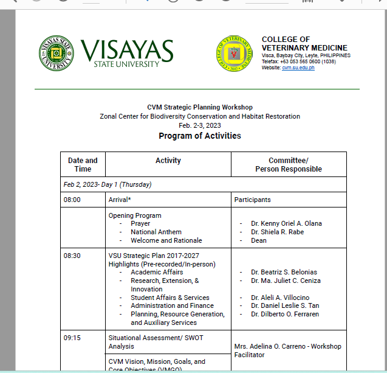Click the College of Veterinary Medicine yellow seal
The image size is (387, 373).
pyautogui.click(x=235, y=54)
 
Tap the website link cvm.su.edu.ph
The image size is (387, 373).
pyautogui.click(x=298, y=68)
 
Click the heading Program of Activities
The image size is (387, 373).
pyautogui.click(x=199, y=136)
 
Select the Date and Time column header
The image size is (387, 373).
pyautogui.click(x=83, y=164)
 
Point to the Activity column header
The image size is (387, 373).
pyautogui.click(x=168, y=161)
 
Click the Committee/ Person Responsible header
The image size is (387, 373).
pyautogui.click(x=288, y=164)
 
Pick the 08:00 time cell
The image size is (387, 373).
pyautogui.click(x=72, y=200)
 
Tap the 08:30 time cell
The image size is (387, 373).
pyautogui.click(x=72, y=256)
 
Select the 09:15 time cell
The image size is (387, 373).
pyautogui.click(x=72, y=338)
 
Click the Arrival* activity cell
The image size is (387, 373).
pyautogui.click(x=120, y=200)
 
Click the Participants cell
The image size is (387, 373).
pyautogui.click(x=253, y=200)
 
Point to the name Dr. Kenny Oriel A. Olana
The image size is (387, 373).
pyautogui.click(x=286, y=223)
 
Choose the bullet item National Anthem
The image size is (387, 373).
pyautogui.click(x=156, y=232)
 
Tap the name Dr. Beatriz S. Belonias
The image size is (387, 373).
pyautogui.click(x=284, y=272)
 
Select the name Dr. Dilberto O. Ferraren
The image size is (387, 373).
pyautogui.click(x=285, y=314)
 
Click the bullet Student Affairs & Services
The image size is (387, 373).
pyautogui.click(x=170, y=298)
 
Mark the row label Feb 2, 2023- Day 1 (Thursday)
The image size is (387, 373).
pyautogui.click(x=108, y=184)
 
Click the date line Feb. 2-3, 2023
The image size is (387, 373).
pyautogui.click(x=199, y=125)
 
